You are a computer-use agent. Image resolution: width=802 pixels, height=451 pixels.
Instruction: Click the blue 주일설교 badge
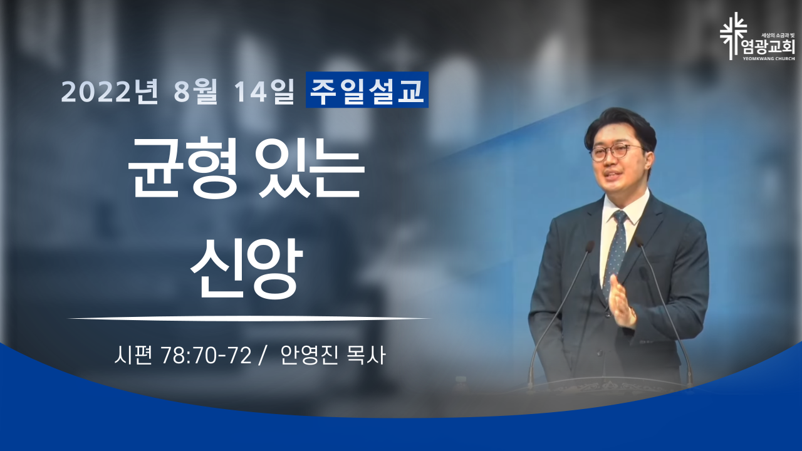pos(367,90)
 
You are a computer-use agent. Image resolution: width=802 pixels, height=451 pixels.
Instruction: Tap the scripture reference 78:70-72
pos(206,356)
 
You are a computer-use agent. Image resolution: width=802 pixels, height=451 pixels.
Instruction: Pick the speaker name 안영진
pos(309,356)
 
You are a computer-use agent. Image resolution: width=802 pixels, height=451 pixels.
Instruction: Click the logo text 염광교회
pos(772,47)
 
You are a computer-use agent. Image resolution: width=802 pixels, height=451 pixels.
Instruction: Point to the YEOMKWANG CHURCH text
pos(773,58)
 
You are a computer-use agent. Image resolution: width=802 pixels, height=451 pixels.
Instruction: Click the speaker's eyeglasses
pos(617,152)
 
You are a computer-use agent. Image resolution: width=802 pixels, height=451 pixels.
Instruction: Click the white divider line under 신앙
pos(249,318)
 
